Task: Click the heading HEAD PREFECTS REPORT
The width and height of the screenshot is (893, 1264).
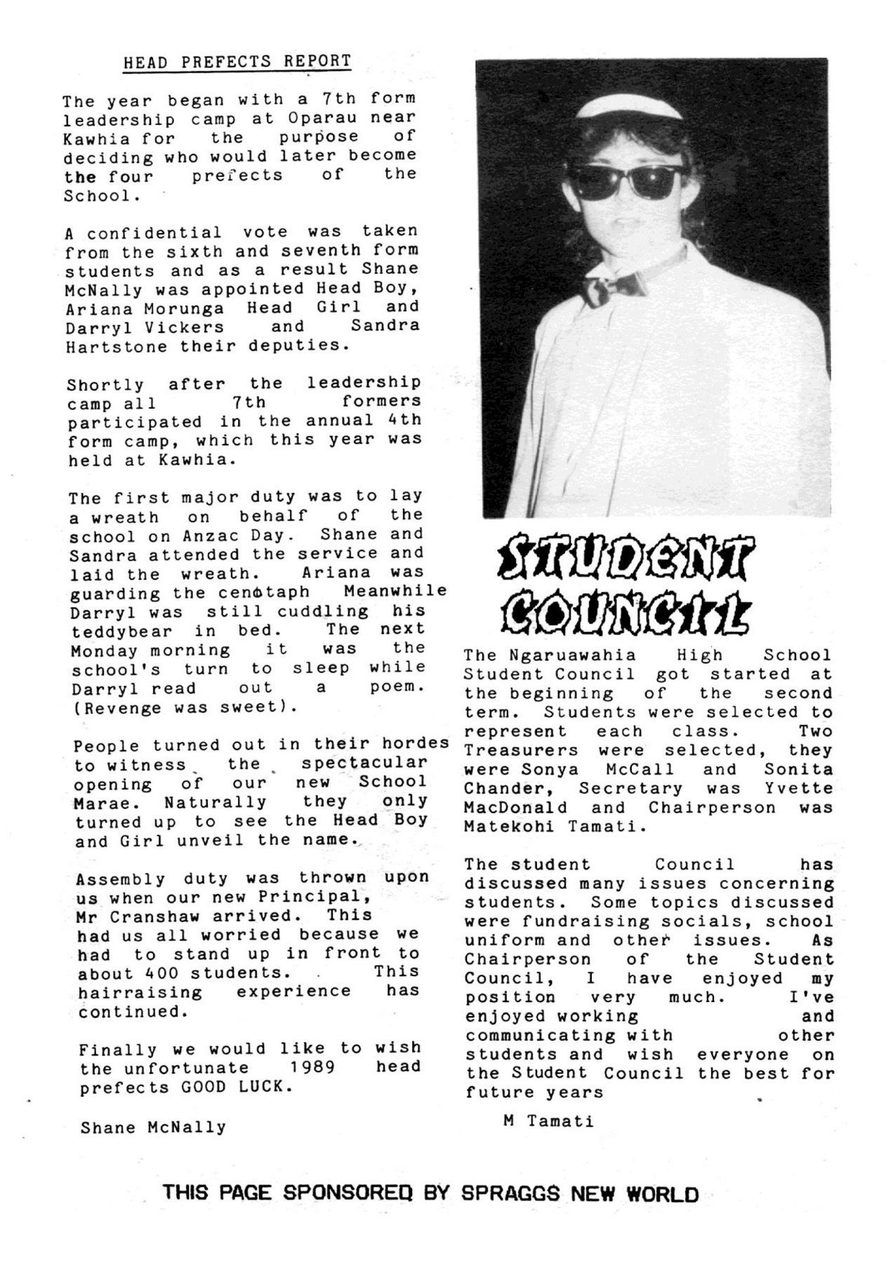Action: pos(237,62)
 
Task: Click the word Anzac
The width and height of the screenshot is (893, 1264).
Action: pos(213,536)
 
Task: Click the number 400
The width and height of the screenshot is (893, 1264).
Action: pos(161,974)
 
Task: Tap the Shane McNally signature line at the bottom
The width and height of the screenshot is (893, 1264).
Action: pos(153,1128)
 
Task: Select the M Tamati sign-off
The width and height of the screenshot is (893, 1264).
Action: pos(548,1121)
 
